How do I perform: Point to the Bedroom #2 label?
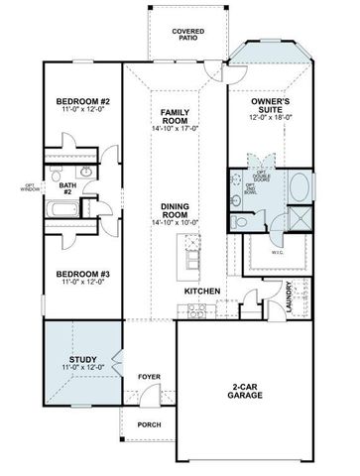click(82, 103)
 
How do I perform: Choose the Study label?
click(82, 360)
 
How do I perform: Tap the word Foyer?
click(149, 377)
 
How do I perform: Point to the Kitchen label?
click(203, 291)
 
